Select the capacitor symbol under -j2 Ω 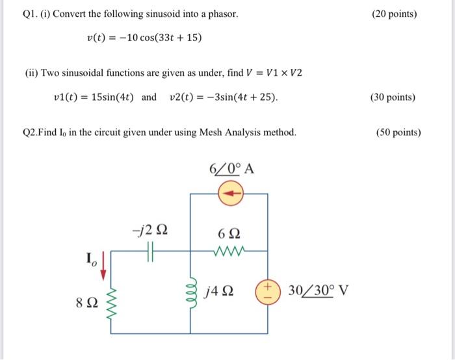tap(151, 250)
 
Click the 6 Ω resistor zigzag tap(231, 250)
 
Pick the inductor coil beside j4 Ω tap(190, 292)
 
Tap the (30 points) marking tap(393, 97)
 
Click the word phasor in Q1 tap(223, 14)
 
